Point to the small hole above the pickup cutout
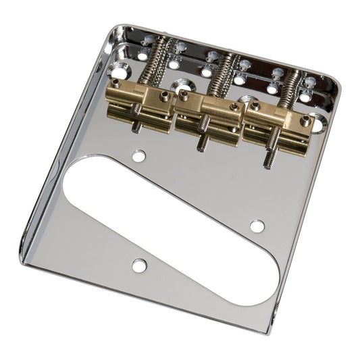pyautogui.click(x=139, y=156)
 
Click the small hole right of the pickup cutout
pyautogui.click(x=257, y=226)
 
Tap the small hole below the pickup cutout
pyautogui.click(x=139, y=265)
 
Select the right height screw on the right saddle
pyautogui.click(x=305, y=121)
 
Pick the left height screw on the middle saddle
pyautogui.click(x=184, y=97)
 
